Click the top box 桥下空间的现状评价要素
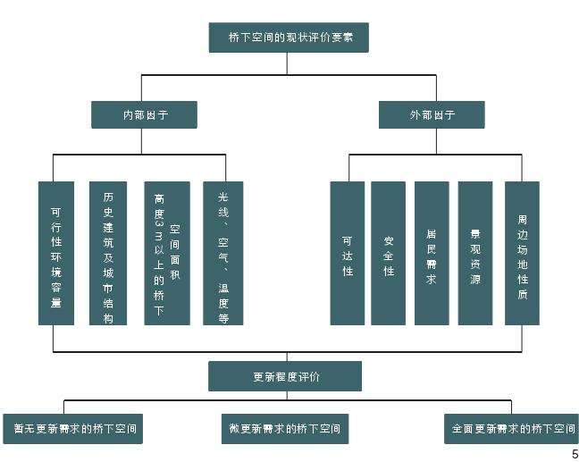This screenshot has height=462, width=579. [x=288, y=38]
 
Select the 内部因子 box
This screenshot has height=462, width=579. [x=144, y=114]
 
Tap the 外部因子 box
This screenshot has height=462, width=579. [x=432, y=114]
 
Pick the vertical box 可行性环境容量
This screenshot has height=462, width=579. [x=55, y=253]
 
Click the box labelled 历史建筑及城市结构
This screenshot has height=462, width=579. [x=108, y=253]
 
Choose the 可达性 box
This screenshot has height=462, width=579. [x=348, y=253]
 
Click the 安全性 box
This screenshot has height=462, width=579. [x=389, y=253]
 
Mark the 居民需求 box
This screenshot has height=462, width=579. [x=432, y=253]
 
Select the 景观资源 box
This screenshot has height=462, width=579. [x=475, y=253]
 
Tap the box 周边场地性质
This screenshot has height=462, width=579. [x=522, y=253]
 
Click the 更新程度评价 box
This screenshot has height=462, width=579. [x=285, y=376]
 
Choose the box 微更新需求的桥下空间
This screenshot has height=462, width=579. [x=285, y=428]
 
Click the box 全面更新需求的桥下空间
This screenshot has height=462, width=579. [x=510, y=428]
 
